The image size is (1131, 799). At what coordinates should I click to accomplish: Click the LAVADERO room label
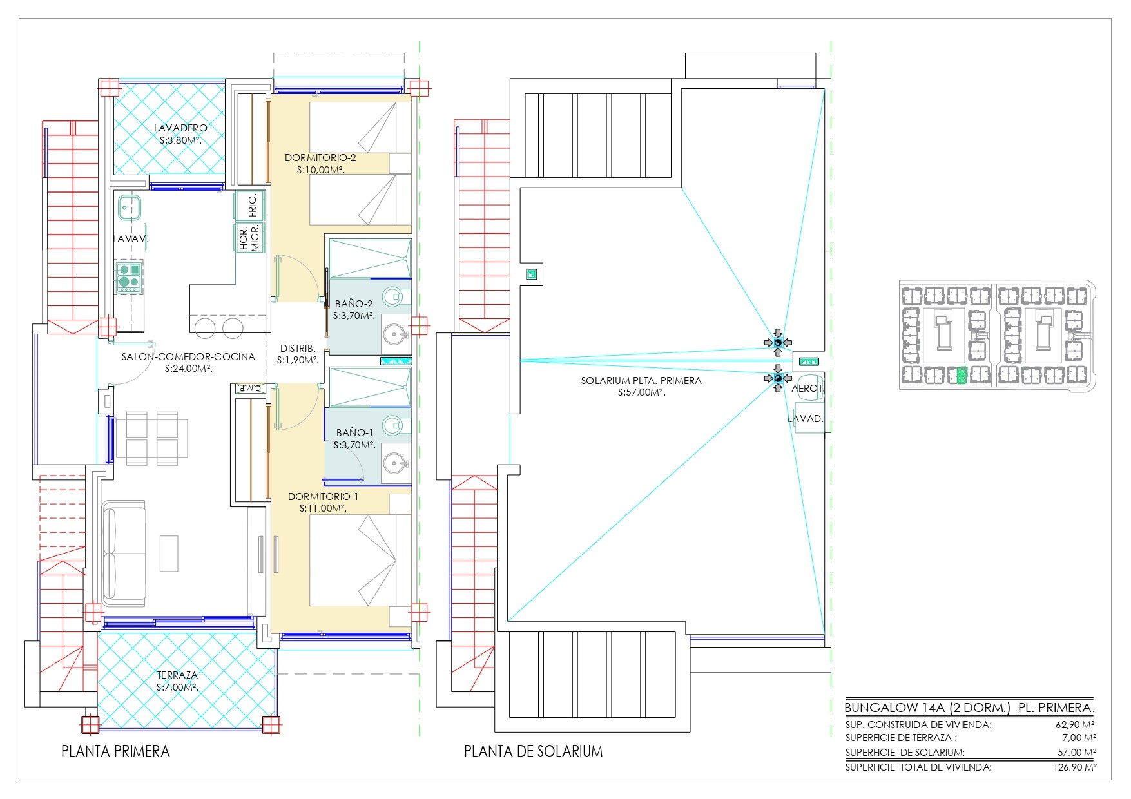180,128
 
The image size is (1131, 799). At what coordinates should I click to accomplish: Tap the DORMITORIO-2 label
320,157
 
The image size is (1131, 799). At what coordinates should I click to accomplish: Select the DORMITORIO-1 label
323,497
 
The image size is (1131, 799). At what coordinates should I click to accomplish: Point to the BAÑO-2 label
354,303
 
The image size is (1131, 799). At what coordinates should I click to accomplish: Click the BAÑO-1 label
354,432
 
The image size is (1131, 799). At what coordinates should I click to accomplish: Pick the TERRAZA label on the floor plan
177,675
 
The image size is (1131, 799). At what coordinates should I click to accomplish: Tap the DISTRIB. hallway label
298,349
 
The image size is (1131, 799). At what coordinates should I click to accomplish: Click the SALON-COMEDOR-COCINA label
188,356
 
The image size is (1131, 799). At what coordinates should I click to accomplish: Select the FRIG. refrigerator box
250,205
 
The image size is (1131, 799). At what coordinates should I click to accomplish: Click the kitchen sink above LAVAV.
130,207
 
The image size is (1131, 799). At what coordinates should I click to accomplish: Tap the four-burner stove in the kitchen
130,277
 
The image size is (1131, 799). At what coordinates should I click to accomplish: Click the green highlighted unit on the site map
961,375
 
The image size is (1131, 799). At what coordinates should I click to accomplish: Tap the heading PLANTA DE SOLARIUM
533,751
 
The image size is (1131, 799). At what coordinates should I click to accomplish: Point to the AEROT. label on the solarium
808,389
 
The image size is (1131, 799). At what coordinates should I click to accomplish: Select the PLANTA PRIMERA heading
115,751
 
